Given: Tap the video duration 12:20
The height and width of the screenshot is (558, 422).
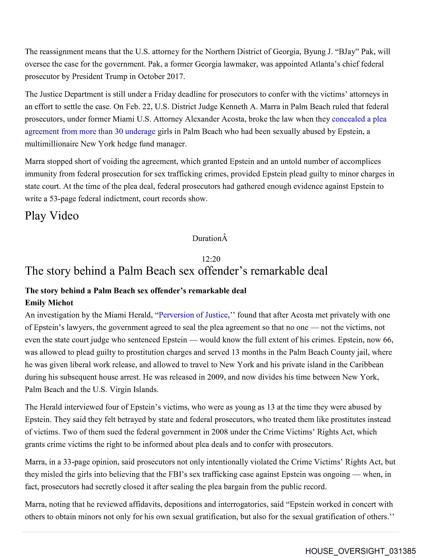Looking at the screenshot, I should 211,259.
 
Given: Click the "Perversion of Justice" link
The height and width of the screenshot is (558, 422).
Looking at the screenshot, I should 193,315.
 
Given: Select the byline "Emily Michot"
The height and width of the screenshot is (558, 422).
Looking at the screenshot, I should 49,303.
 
